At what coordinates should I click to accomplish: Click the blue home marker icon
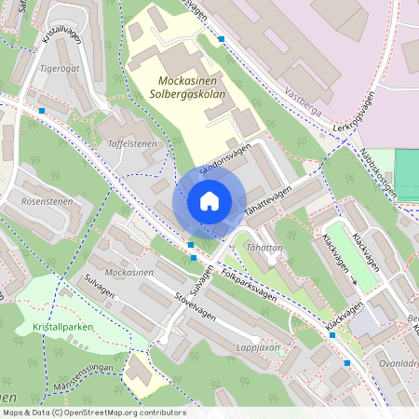209,200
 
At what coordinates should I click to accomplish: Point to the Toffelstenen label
132,144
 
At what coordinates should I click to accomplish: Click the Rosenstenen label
47,200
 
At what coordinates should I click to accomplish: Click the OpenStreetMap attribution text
93,412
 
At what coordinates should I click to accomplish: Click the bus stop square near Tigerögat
43,111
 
